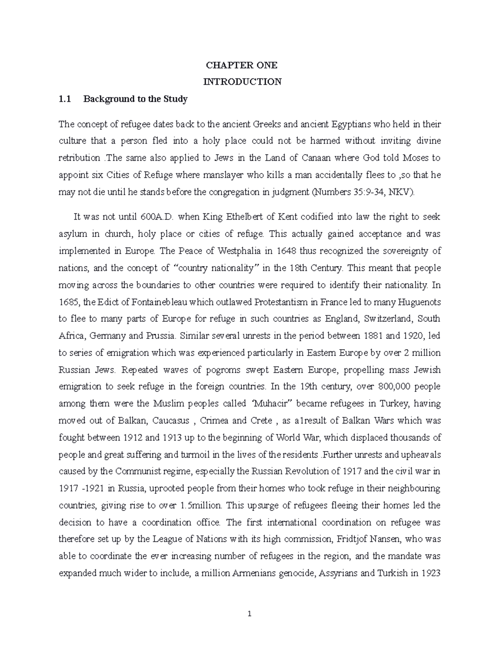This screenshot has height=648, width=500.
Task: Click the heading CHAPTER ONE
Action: pos(242,65)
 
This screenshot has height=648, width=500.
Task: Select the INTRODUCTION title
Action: pos(242,82)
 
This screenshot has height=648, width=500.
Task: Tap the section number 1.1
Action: pos(65,99)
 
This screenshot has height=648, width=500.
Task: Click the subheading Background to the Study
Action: pos(135,99)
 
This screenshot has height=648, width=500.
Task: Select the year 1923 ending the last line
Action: pos(431,573)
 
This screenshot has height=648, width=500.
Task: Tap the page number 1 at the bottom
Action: pos(250,614)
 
